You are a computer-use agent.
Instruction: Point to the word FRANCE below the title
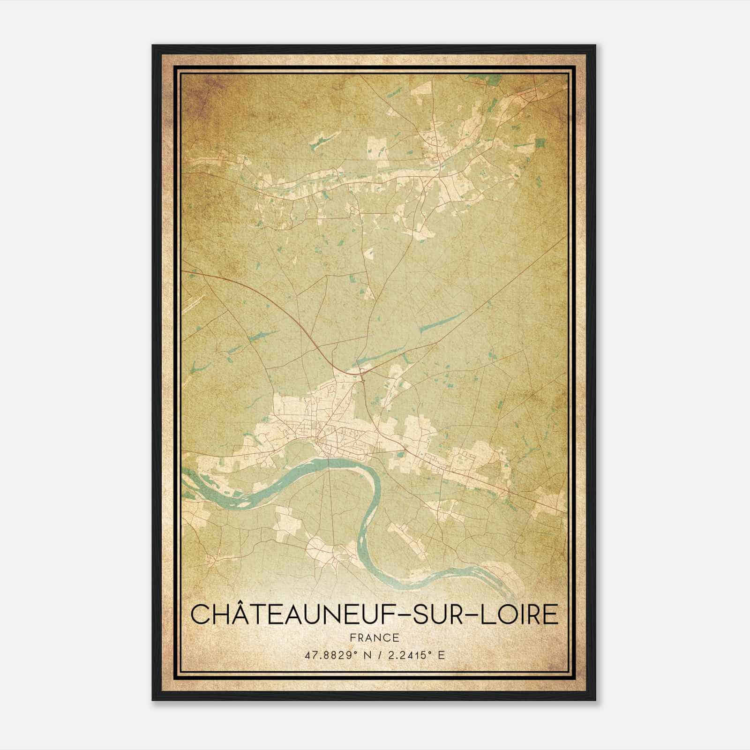coord(374,637)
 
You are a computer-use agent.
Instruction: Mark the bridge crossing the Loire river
coord(330,462)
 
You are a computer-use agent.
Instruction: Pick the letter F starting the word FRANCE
coord(352,637)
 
